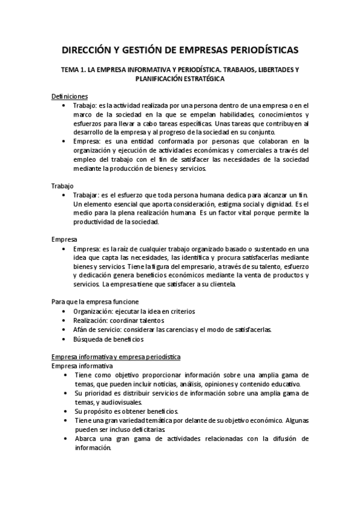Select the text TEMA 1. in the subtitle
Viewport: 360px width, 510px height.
tap(75, 70)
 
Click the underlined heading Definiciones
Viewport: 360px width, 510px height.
tap(70, 96)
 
